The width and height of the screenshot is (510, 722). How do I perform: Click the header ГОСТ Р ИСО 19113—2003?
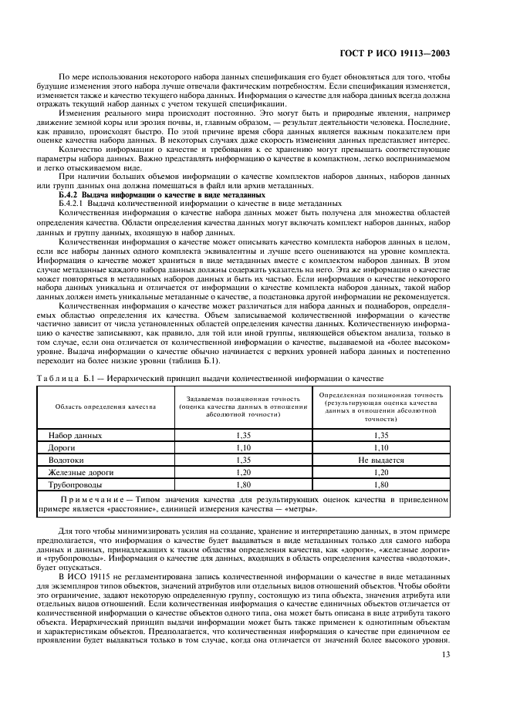pos(406,55)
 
